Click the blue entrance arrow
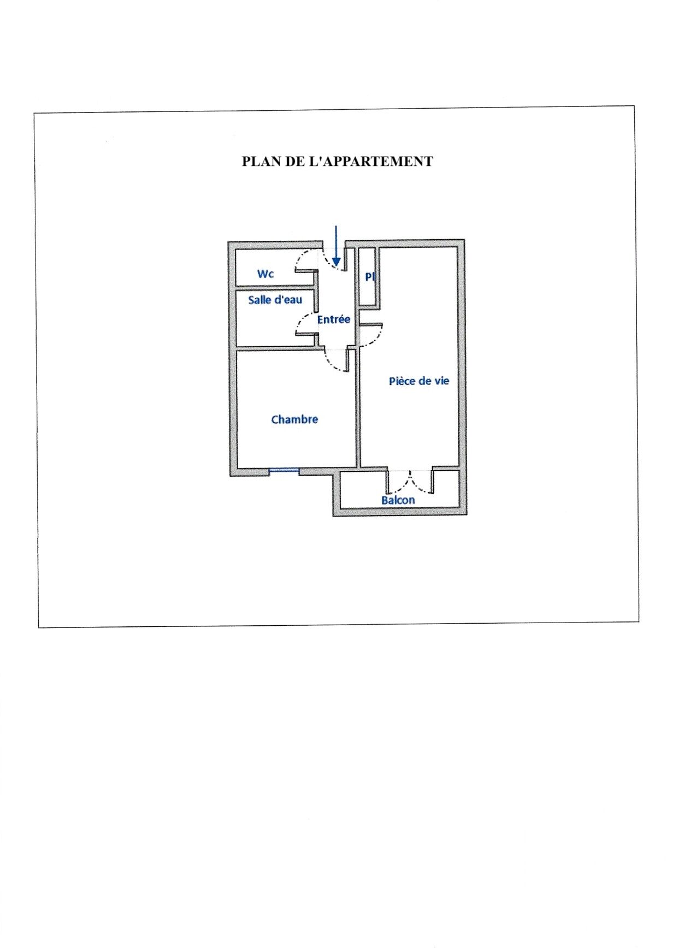(x=336, y=245)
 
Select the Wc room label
(x=265, y=274)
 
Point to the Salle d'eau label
(x=275, y=300)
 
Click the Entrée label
(x=334, y=319)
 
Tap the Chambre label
(x=294, y=419)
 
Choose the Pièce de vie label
(x=419, y=381)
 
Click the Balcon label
(x=398, y=500)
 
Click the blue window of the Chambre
(x=284, y=470)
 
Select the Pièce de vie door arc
(x=371, y=335)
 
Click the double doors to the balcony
(x=410, y=481)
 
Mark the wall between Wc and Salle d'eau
(x=275, y=287)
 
